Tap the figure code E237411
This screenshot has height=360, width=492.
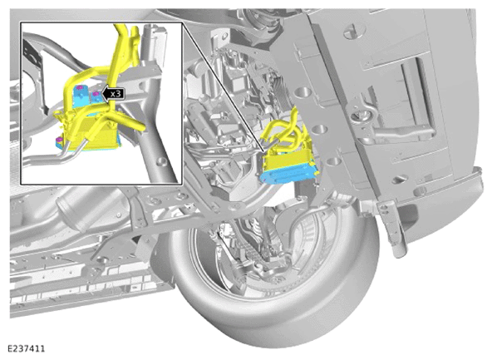(x=26, y=348)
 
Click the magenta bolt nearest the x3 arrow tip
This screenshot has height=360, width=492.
(x=96, y=93)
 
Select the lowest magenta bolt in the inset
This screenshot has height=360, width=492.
(x=58, y=140)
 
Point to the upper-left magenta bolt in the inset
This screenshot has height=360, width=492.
(x=79, y=87)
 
